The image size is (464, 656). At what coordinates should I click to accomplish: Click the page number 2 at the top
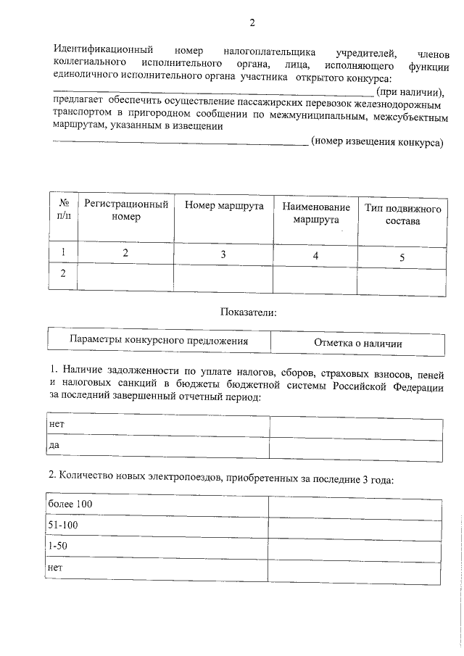[252, 22]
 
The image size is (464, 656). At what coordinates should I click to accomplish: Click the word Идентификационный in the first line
[103, 52]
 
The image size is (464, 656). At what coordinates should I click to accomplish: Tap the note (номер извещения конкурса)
[376, 142]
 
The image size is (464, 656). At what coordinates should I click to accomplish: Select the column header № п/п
[64, 210]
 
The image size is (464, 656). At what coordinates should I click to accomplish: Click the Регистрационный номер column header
[126, 210]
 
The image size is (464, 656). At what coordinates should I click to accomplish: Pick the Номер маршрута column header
[223, 205]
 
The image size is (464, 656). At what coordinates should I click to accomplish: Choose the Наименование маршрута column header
[315, 212]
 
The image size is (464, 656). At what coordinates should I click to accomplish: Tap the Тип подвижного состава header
[402, 215]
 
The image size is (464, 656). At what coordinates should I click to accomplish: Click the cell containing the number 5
[402, 257]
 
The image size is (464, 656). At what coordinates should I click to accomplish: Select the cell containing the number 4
[315, 256]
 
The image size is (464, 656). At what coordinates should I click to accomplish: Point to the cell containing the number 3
[223, 255]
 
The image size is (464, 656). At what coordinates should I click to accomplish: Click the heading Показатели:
[249, 312]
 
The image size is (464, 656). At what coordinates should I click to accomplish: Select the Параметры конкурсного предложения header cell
[158, 341]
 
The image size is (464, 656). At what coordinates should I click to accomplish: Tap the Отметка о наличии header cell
[357, 344]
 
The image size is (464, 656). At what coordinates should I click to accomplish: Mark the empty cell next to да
[355, 449]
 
